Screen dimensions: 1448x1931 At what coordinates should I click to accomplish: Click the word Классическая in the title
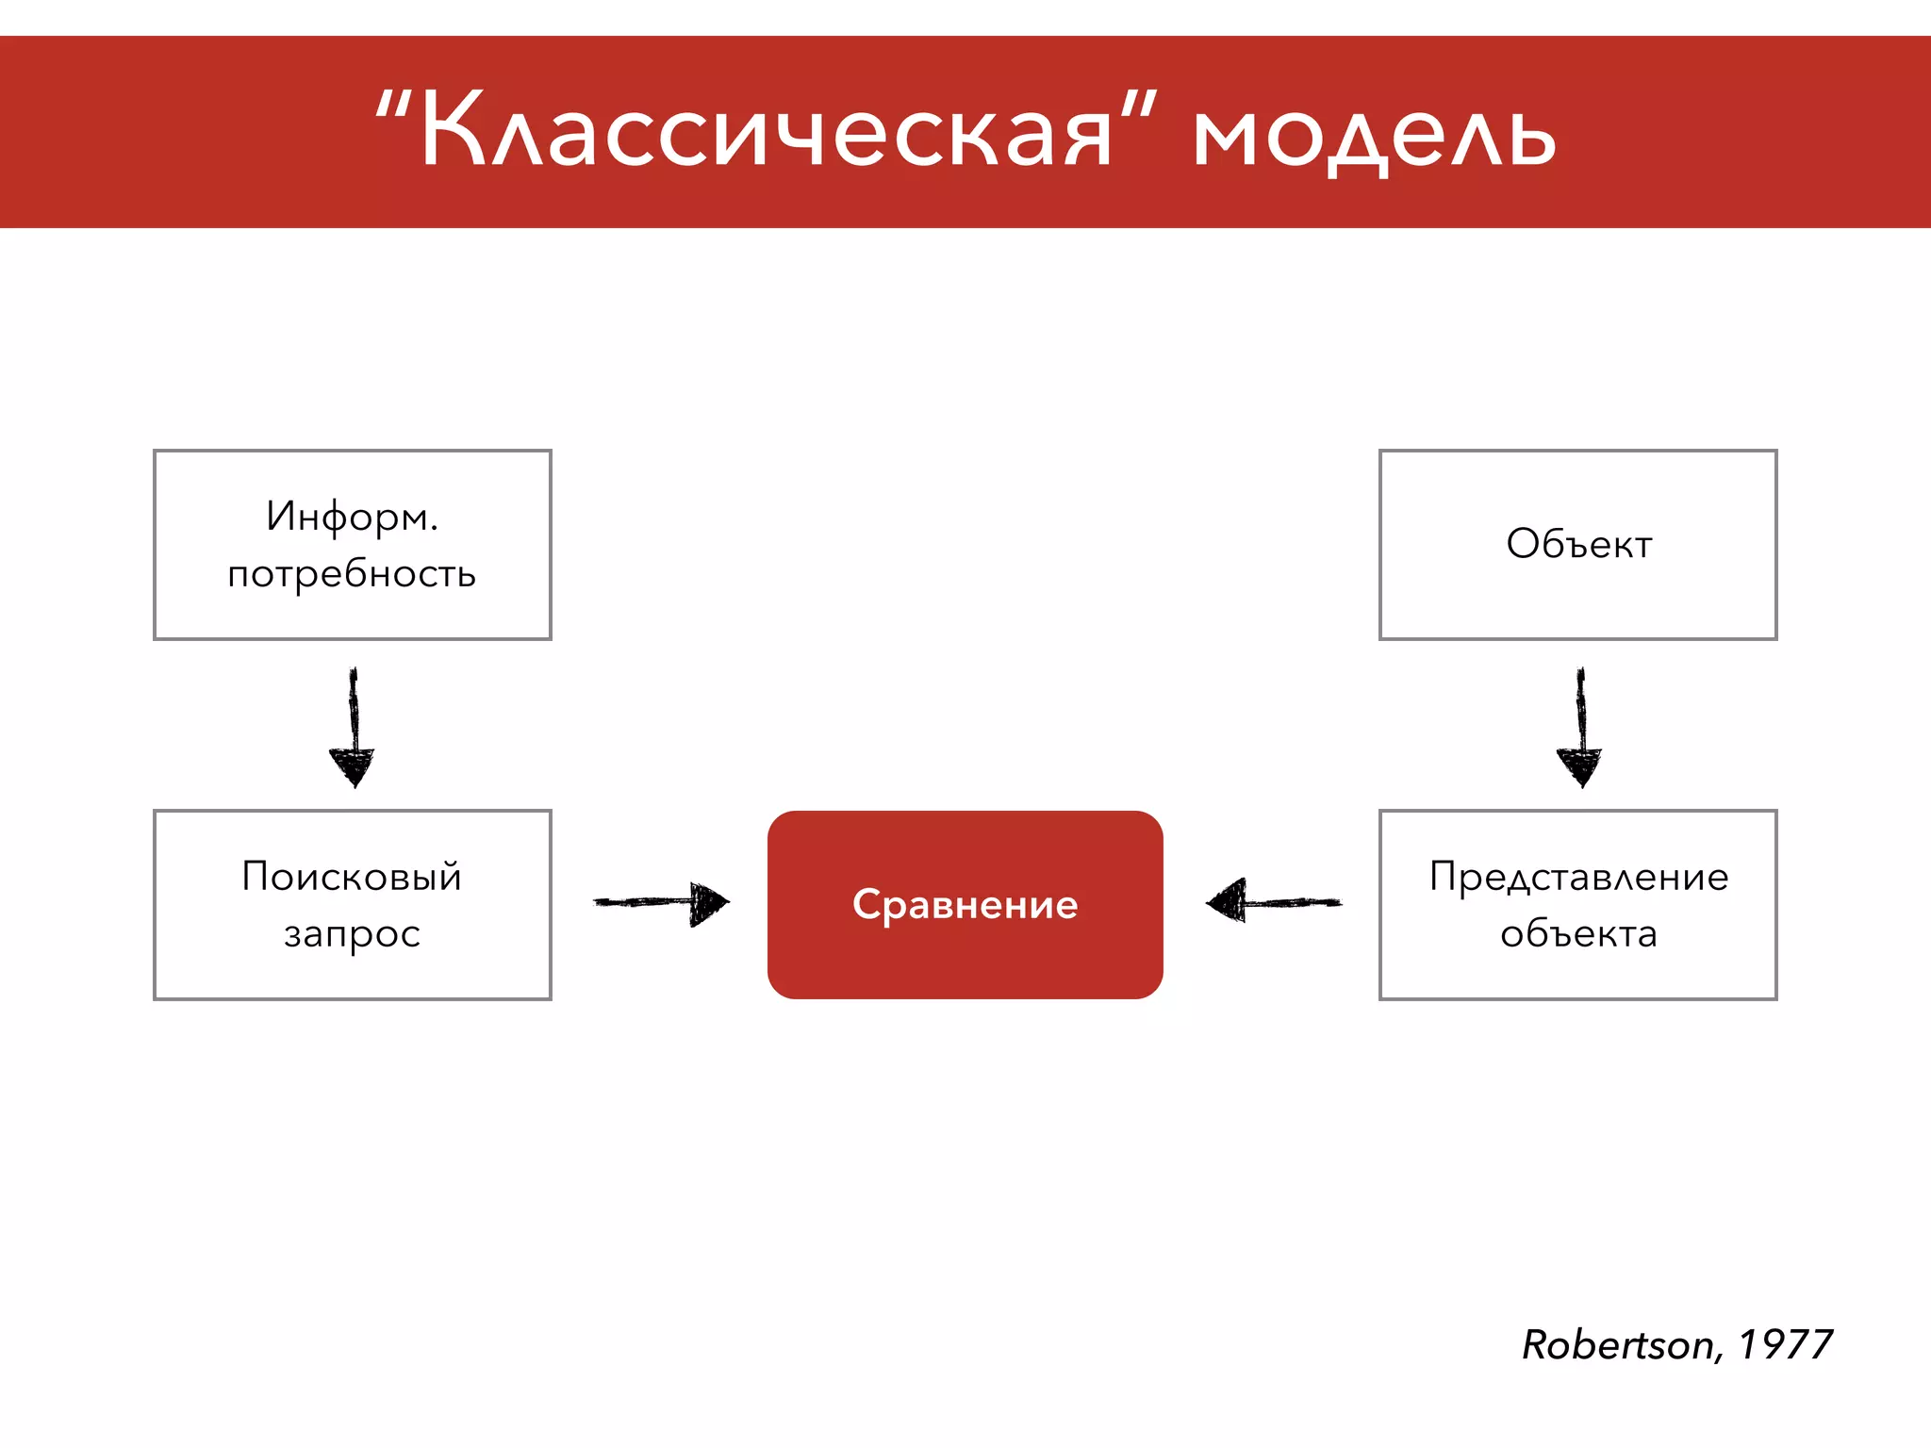pyautogui.click(x=766, y=132)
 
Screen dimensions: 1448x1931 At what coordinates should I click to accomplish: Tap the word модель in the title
pyautogui.click(x=1374, y=137)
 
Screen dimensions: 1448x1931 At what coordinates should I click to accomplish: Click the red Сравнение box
pyautogui.click(x=965, y=905)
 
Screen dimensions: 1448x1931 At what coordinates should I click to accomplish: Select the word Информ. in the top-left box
pyautogui.click(x=352, y=517)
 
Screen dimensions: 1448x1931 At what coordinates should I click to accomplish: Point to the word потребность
pyautogui.click(x=352, y=573)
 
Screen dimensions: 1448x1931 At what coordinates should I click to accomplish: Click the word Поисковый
pyautogui.click(x=352, y=877)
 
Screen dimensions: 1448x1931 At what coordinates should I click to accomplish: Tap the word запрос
pyautogui.click(x=352, y=934)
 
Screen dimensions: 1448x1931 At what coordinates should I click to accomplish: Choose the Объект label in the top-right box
pyautogui.click(x=1578, y=544)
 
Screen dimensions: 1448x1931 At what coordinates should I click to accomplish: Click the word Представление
pyautogui.click(x=1578, y=877)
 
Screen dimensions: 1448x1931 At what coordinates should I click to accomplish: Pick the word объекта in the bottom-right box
pyautogui.click(x=1578, y=934)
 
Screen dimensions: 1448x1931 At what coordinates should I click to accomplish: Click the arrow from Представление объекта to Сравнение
pyautogui.click(x=1273, y=902)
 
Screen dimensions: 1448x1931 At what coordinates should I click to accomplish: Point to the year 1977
pyautogui.click(x=1785, y=1345)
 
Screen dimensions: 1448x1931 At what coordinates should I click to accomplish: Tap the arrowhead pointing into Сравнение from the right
pyautogui.click(x=1227, y=901)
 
